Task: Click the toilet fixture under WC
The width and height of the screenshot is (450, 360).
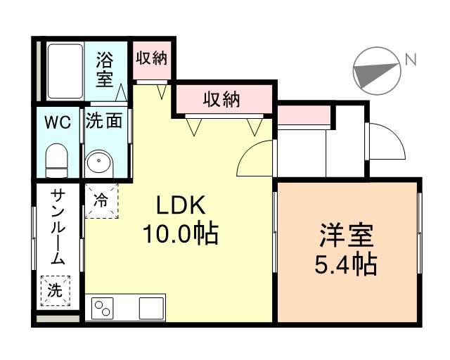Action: [x=56, y=160]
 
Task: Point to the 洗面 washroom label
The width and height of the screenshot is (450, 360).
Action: [x=104, y=121]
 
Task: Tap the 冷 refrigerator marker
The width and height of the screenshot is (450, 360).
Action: [x=101, y=199]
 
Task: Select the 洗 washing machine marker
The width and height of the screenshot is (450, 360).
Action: [x=55, y=289]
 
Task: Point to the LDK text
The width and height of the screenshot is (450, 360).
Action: [x=179, y=206]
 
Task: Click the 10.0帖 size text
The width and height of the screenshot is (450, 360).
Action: [x=180, y=233]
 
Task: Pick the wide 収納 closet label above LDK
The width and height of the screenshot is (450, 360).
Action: [x=221, y=99]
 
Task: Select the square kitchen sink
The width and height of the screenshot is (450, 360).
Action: [x=151, y=308]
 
